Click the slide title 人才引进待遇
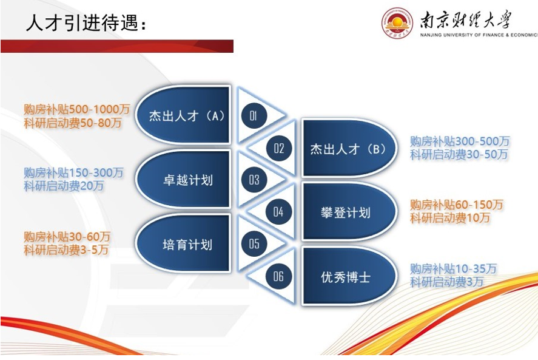click(x=87, y=23)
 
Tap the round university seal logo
click(x=397, y=22)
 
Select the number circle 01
click(x=253, y=115)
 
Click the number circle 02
click(x=279, y=148)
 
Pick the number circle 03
click(x=254, y=179)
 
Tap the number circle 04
click(x=278, y=212)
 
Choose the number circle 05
click(x=254, y=243)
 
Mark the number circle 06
click(x=278, y=276)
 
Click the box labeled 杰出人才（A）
click(x=183, y=115)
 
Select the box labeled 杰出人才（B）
click(x=349, y=148)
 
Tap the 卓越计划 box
click(x=183, y=179)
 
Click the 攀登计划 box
click(x=349, y=212)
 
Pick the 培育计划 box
click(x=183, y=243)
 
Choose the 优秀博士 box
click(x=349, y=276)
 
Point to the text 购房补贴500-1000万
click(x=77, y=110)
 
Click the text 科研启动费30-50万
click(x=459, y=155)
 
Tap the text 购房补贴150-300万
click(x=73, y=172)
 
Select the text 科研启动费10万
click(x=450, y=218)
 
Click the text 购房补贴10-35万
click(x=453, y=268)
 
